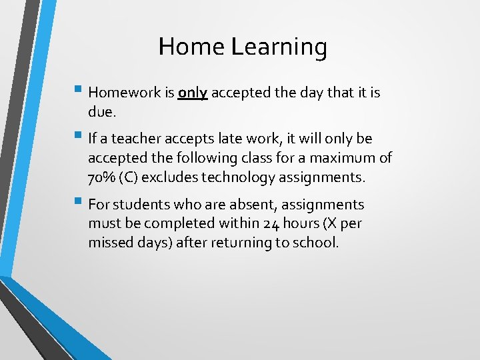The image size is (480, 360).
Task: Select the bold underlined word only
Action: coord(193,93)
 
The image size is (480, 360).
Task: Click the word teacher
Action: coord(135,139)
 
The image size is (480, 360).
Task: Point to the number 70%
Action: coord(102,178)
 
